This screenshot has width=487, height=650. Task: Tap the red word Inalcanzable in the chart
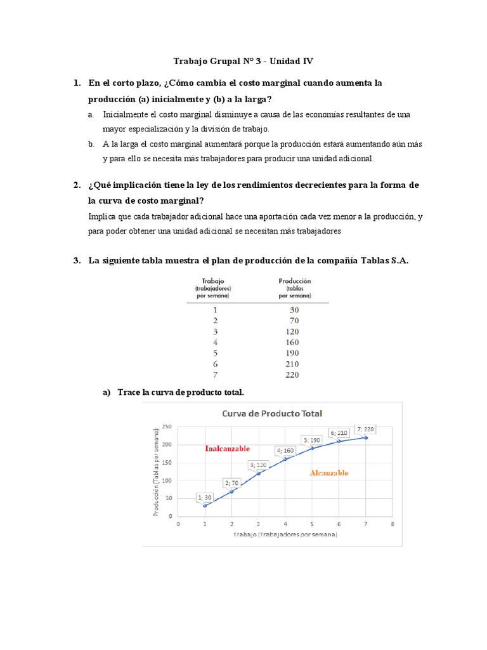227,449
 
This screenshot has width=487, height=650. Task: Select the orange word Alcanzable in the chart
328,473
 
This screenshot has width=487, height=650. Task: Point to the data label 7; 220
365,429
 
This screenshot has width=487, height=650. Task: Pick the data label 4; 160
285,451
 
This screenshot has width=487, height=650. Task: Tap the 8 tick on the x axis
393,524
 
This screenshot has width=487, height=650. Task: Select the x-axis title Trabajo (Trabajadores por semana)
285,534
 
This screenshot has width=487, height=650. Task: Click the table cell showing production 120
292,331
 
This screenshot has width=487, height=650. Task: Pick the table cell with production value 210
292,364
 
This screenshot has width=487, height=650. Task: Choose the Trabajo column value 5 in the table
215,353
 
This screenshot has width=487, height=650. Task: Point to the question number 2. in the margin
76,185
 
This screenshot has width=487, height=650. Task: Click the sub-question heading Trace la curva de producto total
180,392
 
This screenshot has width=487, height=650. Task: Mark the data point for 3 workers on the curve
258,474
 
